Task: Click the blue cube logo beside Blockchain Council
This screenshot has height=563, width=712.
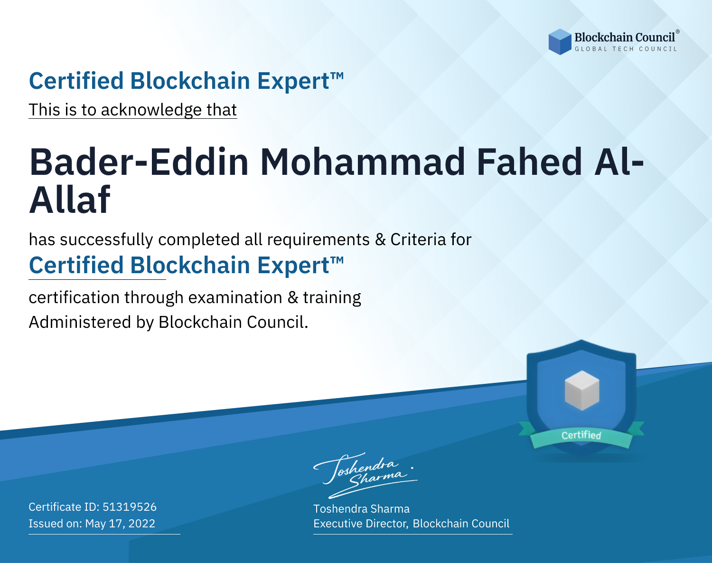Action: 560,42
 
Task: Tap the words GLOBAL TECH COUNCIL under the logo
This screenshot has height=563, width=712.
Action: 626,49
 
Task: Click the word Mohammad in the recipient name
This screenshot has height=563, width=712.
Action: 362,162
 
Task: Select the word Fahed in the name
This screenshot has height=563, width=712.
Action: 529,162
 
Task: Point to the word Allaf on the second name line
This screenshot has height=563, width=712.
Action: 69,200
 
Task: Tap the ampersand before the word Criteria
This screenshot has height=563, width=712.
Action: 380,239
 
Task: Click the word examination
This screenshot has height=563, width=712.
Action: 235,297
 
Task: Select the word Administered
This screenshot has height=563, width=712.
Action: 80,322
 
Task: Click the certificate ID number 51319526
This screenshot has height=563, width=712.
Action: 130,506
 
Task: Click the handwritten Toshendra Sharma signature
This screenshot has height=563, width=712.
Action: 365,475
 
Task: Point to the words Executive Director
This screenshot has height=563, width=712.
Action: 361,524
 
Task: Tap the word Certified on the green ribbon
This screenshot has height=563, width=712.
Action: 581,435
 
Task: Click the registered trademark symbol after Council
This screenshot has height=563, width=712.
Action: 677,32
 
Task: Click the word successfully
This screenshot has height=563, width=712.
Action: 106,239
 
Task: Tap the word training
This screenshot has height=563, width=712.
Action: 332,297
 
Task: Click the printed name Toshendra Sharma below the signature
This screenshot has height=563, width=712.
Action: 361,509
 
